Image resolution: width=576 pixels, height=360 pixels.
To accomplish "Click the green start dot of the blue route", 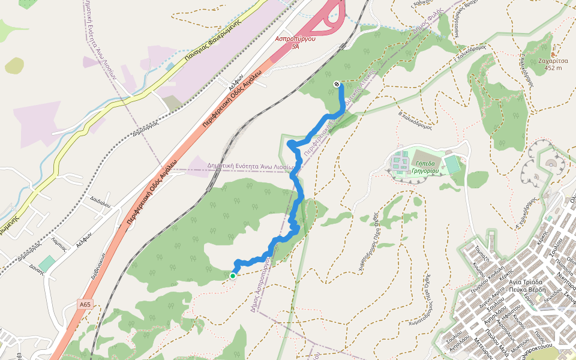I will click(232, 276).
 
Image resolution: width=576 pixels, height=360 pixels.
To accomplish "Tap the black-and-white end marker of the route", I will click(337, 84).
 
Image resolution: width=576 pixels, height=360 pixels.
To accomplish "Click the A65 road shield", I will click(85, 305).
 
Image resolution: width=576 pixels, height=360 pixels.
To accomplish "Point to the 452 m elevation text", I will click(553, 68).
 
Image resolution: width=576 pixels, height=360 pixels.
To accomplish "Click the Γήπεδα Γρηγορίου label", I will click(427, 167).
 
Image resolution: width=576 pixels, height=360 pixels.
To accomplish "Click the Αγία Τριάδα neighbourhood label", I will click(525, 281).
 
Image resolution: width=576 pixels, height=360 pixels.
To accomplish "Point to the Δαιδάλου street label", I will click(100, 204).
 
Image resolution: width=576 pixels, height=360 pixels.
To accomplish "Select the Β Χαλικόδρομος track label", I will click(415, 119).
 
